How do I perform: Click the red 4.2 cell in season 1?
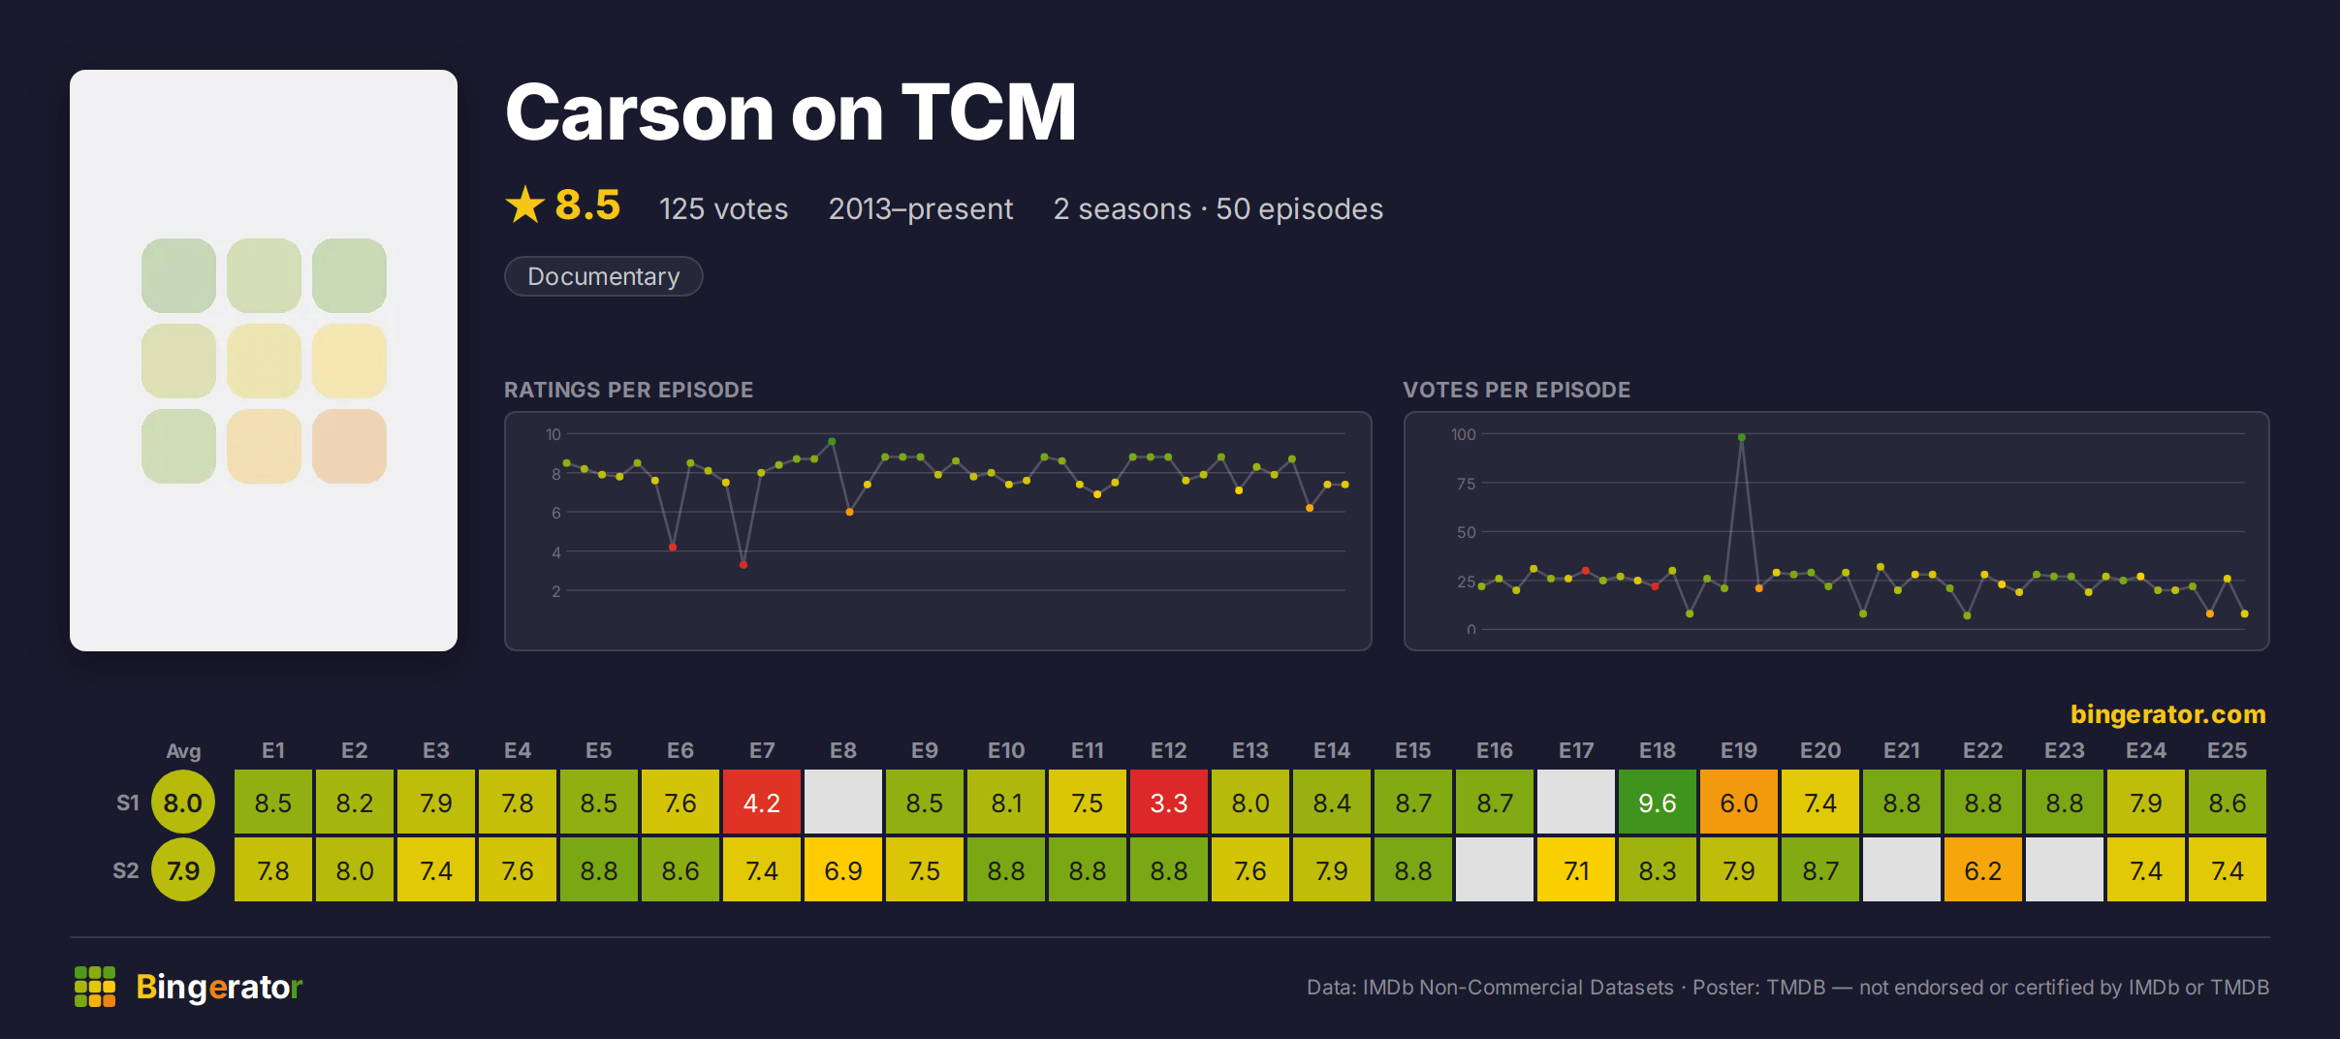(762, 803)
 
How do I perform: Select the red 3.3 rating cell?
(1169, 803)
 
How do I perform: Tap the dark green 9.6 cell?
(1658, 803)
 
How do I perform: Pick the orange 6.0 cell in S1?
(1739, 803)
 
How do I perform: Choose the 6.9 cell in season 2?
(843, 870)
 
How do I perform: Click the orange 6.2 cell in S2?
(1983, 870)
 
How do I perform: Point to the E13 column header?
(1250, 750)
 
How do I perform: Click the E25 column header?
(2228, 750)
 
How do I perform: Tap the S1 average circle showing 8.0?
(183, 803)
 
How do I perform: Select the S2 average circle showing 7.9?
(183, 870)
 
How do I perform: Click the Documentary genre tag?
(603, 276)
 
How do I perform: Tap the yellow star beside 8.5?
(525, 205)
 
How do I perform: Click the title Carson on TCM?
(791, 112)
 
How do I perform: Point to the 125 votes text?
(723, 209)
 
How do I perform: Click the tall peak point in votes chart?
(1742, 437)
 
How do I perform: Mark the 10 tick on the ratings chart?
(553, 434)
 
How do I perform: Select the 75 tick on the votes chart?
(1466, 484)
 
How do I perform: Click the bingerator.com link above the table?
(2168, 714)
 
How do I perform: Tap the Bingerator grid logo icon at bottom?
(95, 987)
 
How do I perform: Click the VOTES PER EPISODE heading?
(1517, 390)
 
